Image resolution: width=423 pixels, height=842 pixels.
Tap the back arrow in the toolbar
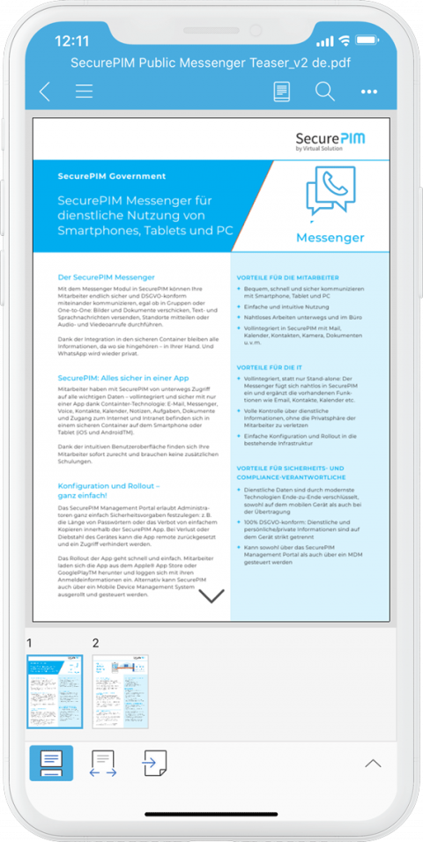click(x=45, y=91)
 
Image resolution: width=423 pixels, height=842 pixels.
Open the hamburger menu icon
click(x=84, y=91)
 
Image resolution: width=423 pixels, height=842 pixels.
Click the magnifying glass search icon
click(x=324, y=91)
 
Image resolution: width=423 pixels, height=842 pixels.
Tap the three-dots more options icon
click(x=368, y=91)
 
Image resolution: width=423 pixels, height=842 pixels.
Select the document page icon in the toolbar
click(x=282, y=91)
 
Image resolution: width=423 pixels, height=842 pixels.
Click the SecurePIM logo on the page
click(x=330, y=141)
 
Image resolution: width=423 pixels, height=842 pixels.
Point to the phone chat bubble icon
click(x=330, y=193)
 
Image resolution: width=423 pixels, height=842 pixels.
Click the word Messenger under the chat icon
click(x=330, y=238)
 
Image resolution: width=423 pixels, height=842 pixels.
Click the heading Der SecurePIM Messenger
click(x=106, y=277)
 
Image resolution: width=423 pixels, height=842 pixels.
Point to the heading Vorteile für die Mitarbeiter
click(x=287, y=277)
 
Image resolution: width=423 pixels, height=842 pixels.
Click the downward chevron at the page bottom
click(x=211, y=595)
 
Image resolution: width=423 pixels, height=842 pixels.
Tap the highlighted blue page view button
click(x=51, y=763)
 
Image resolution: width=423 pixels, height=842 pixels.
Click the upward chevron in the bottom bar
click(x=373, y=763)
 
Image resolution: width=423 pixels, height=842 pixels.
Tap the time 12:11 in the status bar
click(x=72, y=41)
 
